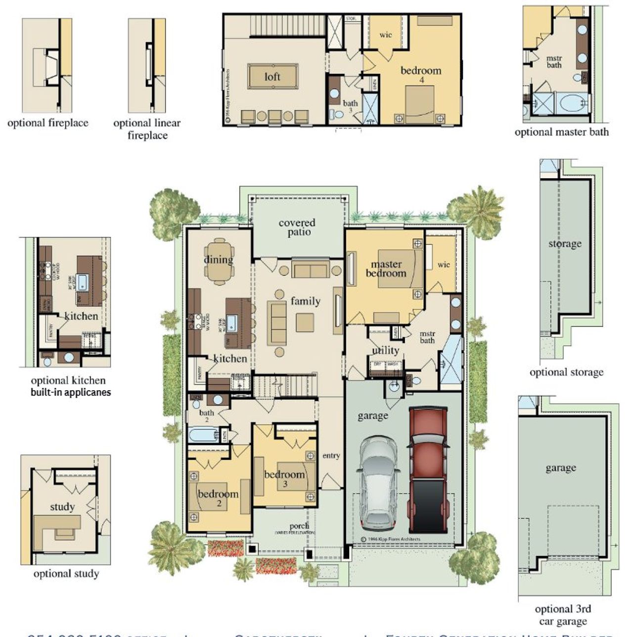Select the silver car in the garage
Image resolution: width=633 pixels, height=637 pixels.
379,482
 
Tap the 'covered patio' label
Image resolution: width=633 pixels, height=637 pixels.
297,227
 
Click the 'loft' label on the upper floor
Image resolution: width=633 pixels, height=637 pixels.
272,76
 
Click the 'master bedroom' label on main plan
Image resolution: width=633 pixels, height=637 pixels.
386,269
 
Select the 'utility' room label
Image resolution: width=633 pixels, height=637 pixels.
385,350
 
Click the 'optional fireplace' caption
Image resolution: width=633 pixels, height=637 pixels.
47,123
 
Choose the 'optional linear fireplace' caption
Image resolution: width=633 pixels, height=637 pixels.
147,129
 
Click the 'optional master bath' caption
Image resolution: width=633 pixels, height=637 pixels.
561,132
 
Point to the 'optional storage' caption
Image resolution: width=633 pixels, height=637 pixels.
566,372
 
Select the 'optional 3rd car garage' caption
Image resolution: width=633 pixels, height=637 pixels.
562,615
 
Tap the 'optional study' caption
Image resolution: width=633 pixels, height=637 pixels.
66,574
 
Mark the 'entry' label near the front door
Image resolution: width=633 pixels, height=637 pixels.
331,455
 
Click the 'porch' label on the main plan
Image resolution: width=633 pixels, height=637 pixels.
299,526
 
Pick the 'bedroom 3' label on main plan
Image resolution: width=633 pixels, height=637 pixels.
284,477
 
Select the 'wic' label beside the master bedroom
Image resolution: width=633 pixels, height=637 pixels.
444,265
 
